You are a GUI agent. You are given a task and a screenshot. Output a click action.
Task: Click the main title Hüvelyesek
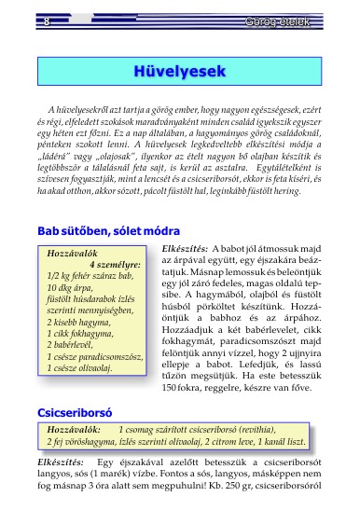coord(181,71)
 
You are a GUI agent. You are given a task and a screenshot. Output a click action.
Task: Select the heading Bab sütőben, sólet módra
coord(108,230)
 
